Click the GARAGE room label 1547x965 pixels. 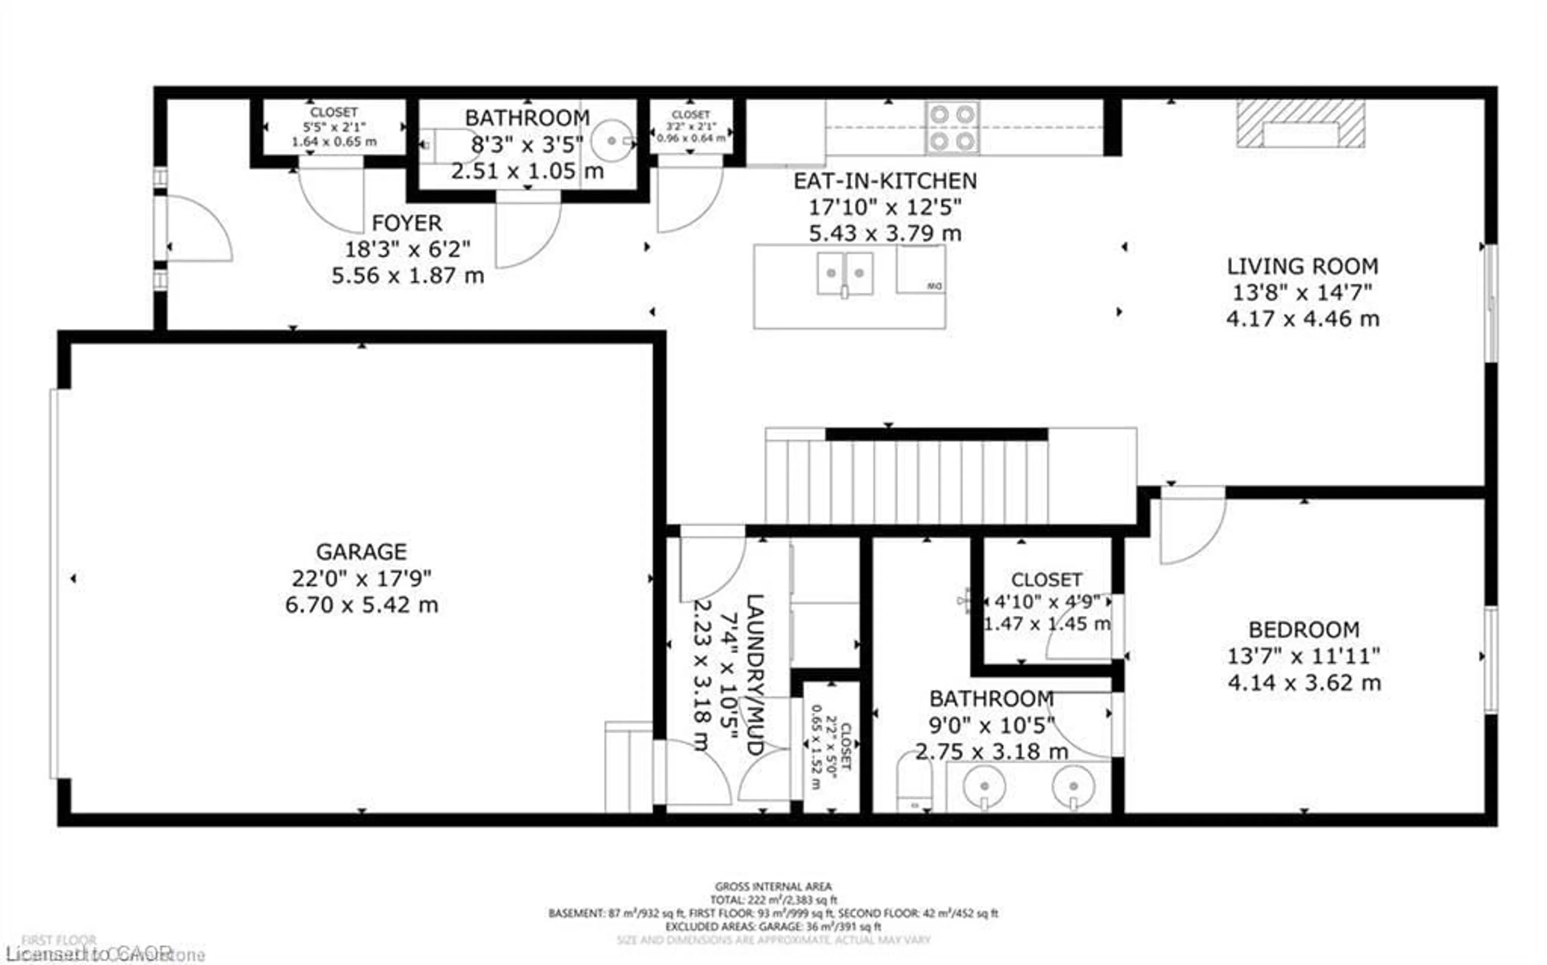coord(361,551)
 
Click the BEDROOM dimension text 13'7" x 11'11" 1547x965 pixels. coord(1303,656)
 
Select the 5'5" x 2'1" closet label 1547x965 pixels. coord(334,127)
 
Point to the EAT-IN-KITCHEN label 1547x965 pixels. coord(885,181)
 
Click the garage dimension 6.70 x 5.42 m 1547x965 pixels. coord(361,605)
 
